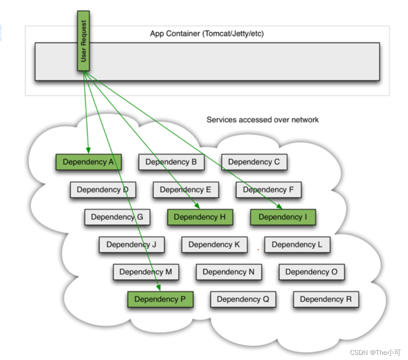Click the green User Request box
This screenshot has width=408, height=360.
click(84, 41)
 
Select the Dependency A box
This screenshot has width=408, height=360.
click(88, 162)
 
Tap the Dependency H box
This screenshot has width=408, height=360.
click(200, 217)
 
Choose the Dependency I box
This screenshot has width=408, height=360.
click(283, 217)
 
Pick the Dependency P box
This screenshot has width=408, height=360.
click(160, 299)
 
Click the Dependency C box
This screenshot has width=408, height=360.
click(254, 162)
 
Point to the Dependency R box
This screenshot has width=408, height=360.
click(326, 299)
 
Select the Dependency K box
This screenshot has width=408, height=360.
click(214, 244)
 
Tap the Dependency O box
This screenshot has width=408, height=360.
click(311, 272)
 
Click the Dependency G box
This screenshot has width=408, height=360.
click(117, 217)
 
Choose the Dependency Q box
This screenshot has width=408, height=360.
click(243, 299)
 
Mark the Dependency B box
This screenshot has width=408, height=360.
click(171, 162)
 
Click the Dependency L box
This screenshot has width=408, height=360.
click(297, 244)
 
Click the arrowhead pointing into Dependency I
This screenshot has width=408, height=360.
click(280, 206)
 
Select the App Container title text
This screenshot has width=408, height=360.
click(207, 34)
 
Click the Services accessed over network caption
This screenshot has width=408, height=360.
click(263, 120)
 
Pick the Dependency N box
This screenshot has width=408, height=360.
click(229, 272)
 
